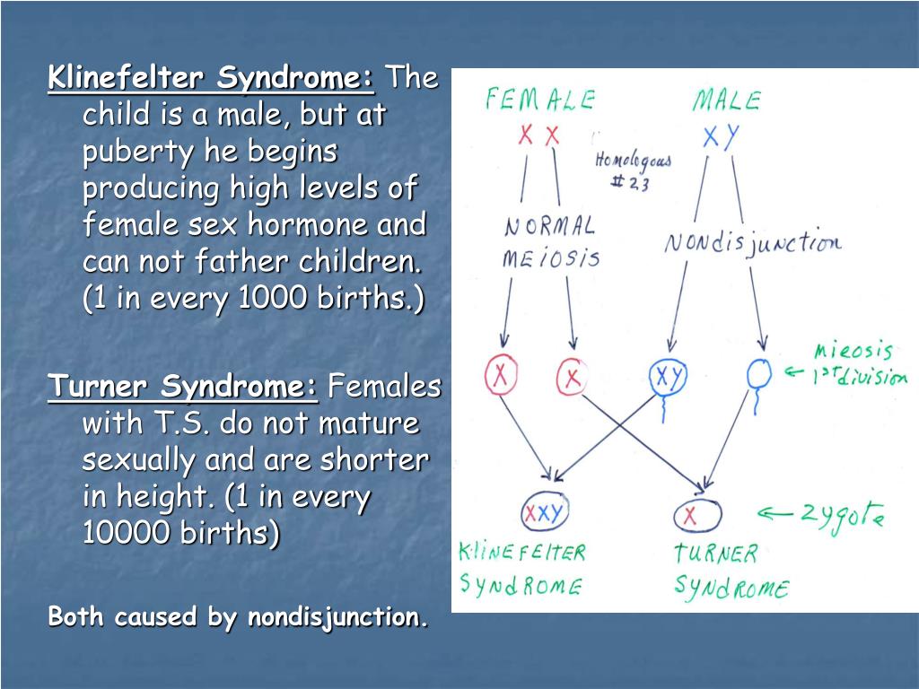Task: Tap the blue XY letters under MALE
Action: tap(721, 136)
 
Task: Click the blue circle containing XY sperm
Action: tap(667, 377)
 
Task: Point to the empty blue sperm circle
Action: tap(759, 375)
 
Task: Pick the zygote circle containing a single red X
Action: tap(697, 515)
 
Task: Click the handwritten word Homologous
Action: tap(633, 161)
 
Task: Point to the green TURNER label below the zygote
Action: tap(716, 553)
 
